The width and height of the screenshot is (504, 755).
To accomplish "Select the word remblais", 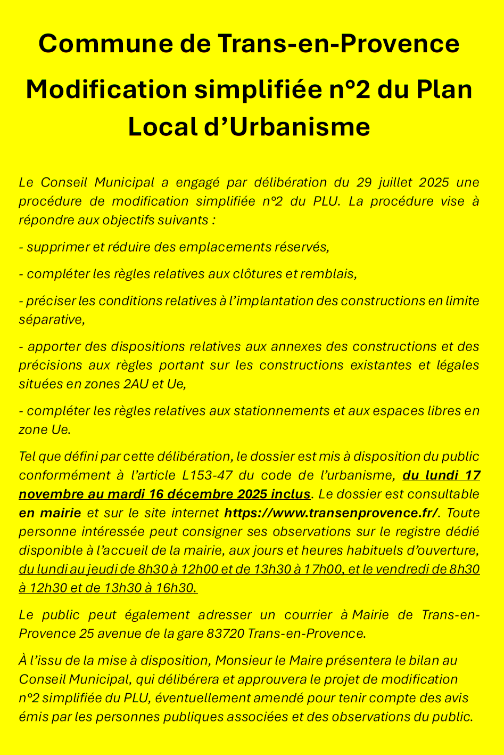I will (328, 274).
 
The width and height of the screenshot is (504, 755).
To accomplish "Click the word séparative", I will (51, 320).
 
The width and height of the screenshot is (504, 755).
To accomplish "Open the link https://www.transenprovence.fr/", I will (332, 513).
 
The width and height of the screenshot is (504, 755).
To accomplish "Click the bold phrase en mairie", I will (49, 513).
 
